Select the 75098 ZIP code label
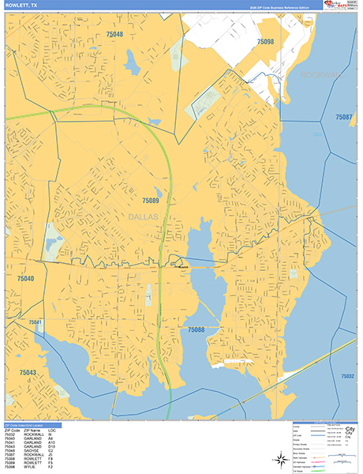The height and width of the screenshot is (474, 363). click(x=266, y=41)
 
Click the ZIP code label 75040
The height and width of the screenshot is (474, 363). click(x=25, y=279)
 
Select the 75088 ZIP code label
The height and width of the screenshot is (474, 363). click(x=196, y=329)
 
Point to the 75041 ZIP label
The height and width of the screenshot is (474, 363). click(x=36, y=322)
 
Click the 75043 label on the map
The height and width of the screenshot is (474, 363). click(x=28, y=371)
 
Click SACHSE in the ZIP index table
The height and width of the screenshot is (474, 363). click(x=34, y=450)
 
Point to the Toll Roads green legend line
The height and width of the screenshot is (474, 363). click(x=316, y=467)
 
